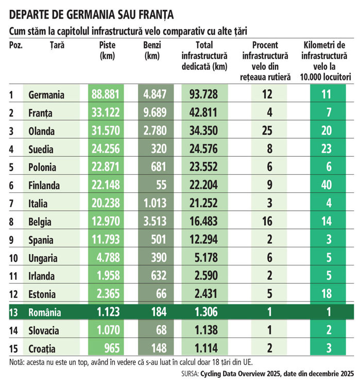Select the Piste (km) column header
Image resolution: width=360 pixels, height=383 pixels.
pyautogui.click(x=108, y=51)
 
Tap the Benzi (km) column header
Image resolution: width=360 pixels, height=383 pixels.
pyautogui.click(x=152, y=51)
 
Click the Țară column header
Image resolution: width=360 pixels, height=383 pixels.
pyautogui.click(x=57, y=45)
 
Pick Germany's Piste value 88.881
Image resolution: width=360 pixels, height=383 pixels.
pyautogui.click(x=106, y=94)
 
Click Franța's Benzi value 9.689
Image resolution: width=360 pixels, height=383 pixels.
pyautogui.click(x=155, y=112)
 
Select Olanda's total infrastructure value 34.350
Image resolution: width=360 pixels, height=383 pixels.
pyautogui.click(x=203, y=131)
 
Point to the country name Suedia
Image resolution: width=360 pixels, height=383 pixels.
pyautogui.click(x=41, y=149)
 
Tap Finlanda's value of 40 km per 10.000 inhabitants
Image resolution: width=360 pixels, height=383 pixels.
pyautogui.click(x=327, y=185)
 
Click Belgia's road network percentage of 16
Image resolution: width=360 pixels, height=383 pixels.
pyautogui.click(x=267, y=221)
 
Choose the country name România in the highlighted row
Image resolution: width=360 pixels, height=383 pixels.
pyautogui.click(x=45, y=312)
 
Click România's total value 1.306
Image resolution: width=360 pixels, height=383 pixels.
pyautogui.click(x=206, y=312)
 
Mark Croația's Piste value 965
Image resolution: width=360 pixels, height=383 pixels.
pyautogui.click(x=112, y=348)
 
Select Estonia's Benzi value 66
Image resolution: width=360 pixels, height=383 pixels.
pyautogui.click(x=162, y=294)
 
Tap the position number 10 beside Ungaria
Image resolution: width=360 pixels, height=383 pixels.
pyautogui.click(x=13, y=258)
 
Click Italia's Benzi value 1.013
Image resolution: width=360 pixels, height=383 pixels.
pyautogui.click(x=155, y=203)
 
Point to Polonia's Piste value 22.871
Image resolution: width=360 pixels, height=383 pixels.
pyautogui.click(x=106, y=167)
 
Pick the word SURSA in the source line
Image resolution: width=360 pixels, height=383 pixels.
pyautogui.click(x=190, y=374)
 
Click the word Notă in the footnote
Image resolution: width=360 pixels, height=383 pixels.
pyautogui.click(x=16, y=362)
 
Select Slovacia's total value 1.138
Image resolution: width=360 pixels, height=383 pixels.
pyautogui.click(x=206, y=330)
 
